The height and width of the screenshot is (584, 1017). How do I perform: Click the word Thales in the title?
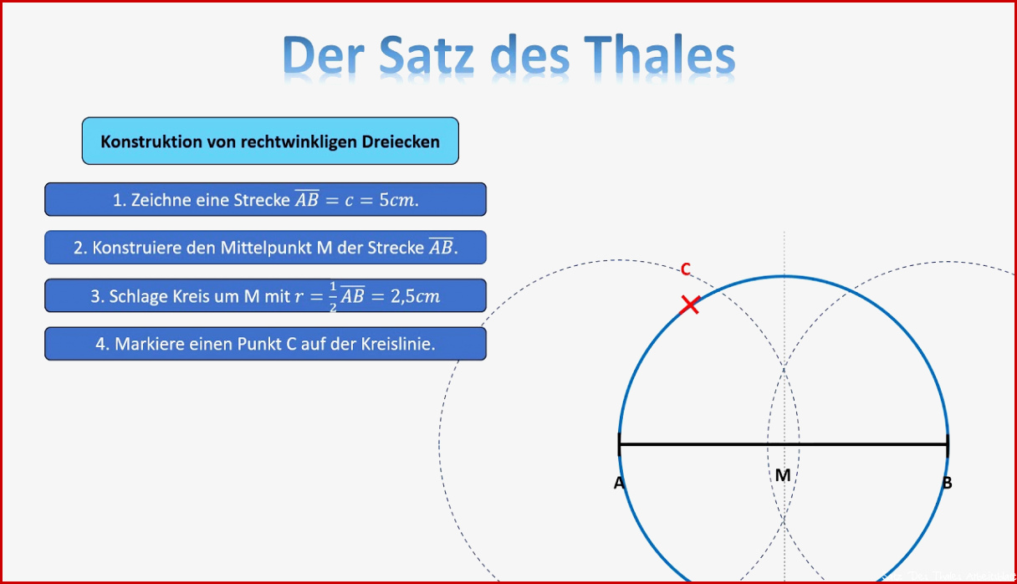click(x=659, y=54)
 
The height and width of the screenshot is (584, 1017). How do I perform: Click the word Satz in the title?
click(x=427, y=55)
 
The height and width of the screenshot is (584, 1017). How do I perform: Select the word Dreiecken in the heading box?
click(x=401, y=141)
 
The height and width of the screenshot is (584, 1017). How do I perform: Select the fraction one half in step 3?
click(x=333, y=296)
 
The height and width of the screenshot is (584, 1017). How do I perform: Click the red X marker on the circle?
click(x=690, y=305)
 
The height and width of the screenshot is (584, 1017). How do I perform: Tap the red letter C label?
click(x=686, y=269)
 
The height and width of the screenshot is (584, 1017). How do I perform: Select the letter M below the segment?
click(x=783, y=475)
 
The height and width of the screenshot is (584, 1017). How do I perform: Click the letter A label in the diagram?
click(x=619, y=483)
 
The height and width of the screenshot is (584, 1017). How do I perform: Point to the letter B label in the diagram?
click(x=947, y=483)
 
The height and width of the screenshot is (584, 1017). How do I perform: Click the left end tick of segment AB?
click(x=619, y=444)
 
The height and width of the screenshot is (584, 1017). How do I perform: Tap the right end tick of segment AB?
click(x=948, y=444)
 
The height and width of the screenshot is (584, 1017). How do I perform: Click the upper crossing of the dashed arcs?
click(x=784, y=369)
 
